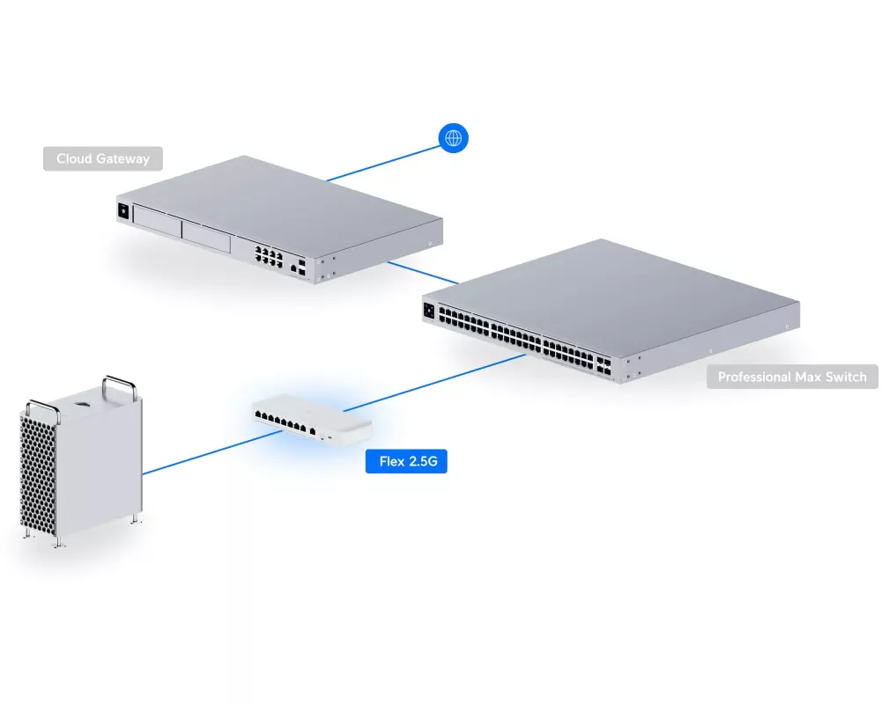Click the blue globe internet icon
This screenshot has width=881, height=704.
(454, 137)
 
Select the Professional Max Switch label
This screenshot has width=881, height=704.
(792, 377)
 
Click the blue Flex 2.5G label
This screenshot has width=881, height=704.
(406, 461)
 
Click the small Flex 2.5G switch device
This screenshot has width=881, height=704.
(313, 420)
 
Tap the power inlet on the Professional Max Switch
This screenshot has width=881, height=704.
(431, 309)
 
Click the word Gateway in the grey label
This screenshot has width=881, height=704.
(123, 159)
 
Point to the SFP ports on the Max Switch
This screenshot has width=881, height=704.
(603, 366)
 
